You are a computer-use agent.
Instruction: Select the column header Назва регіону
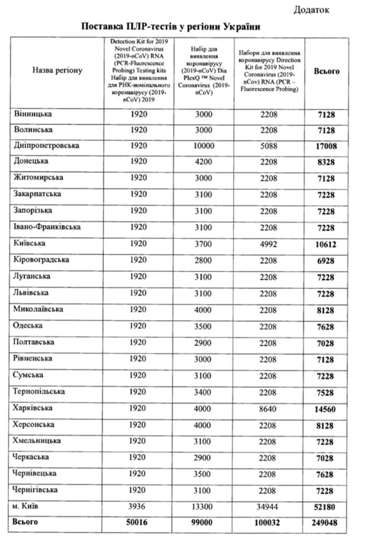tap(57, 71)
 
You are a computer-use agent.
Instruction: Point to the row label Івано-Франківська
tap(48, 228)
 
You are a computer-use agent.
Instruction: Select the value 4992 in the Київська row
tap(269, 244)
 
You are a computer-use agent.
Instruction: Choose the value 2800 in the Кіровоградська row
tap(203, 260)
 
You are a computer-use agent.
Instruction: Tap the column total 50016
tap(138, 522)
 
